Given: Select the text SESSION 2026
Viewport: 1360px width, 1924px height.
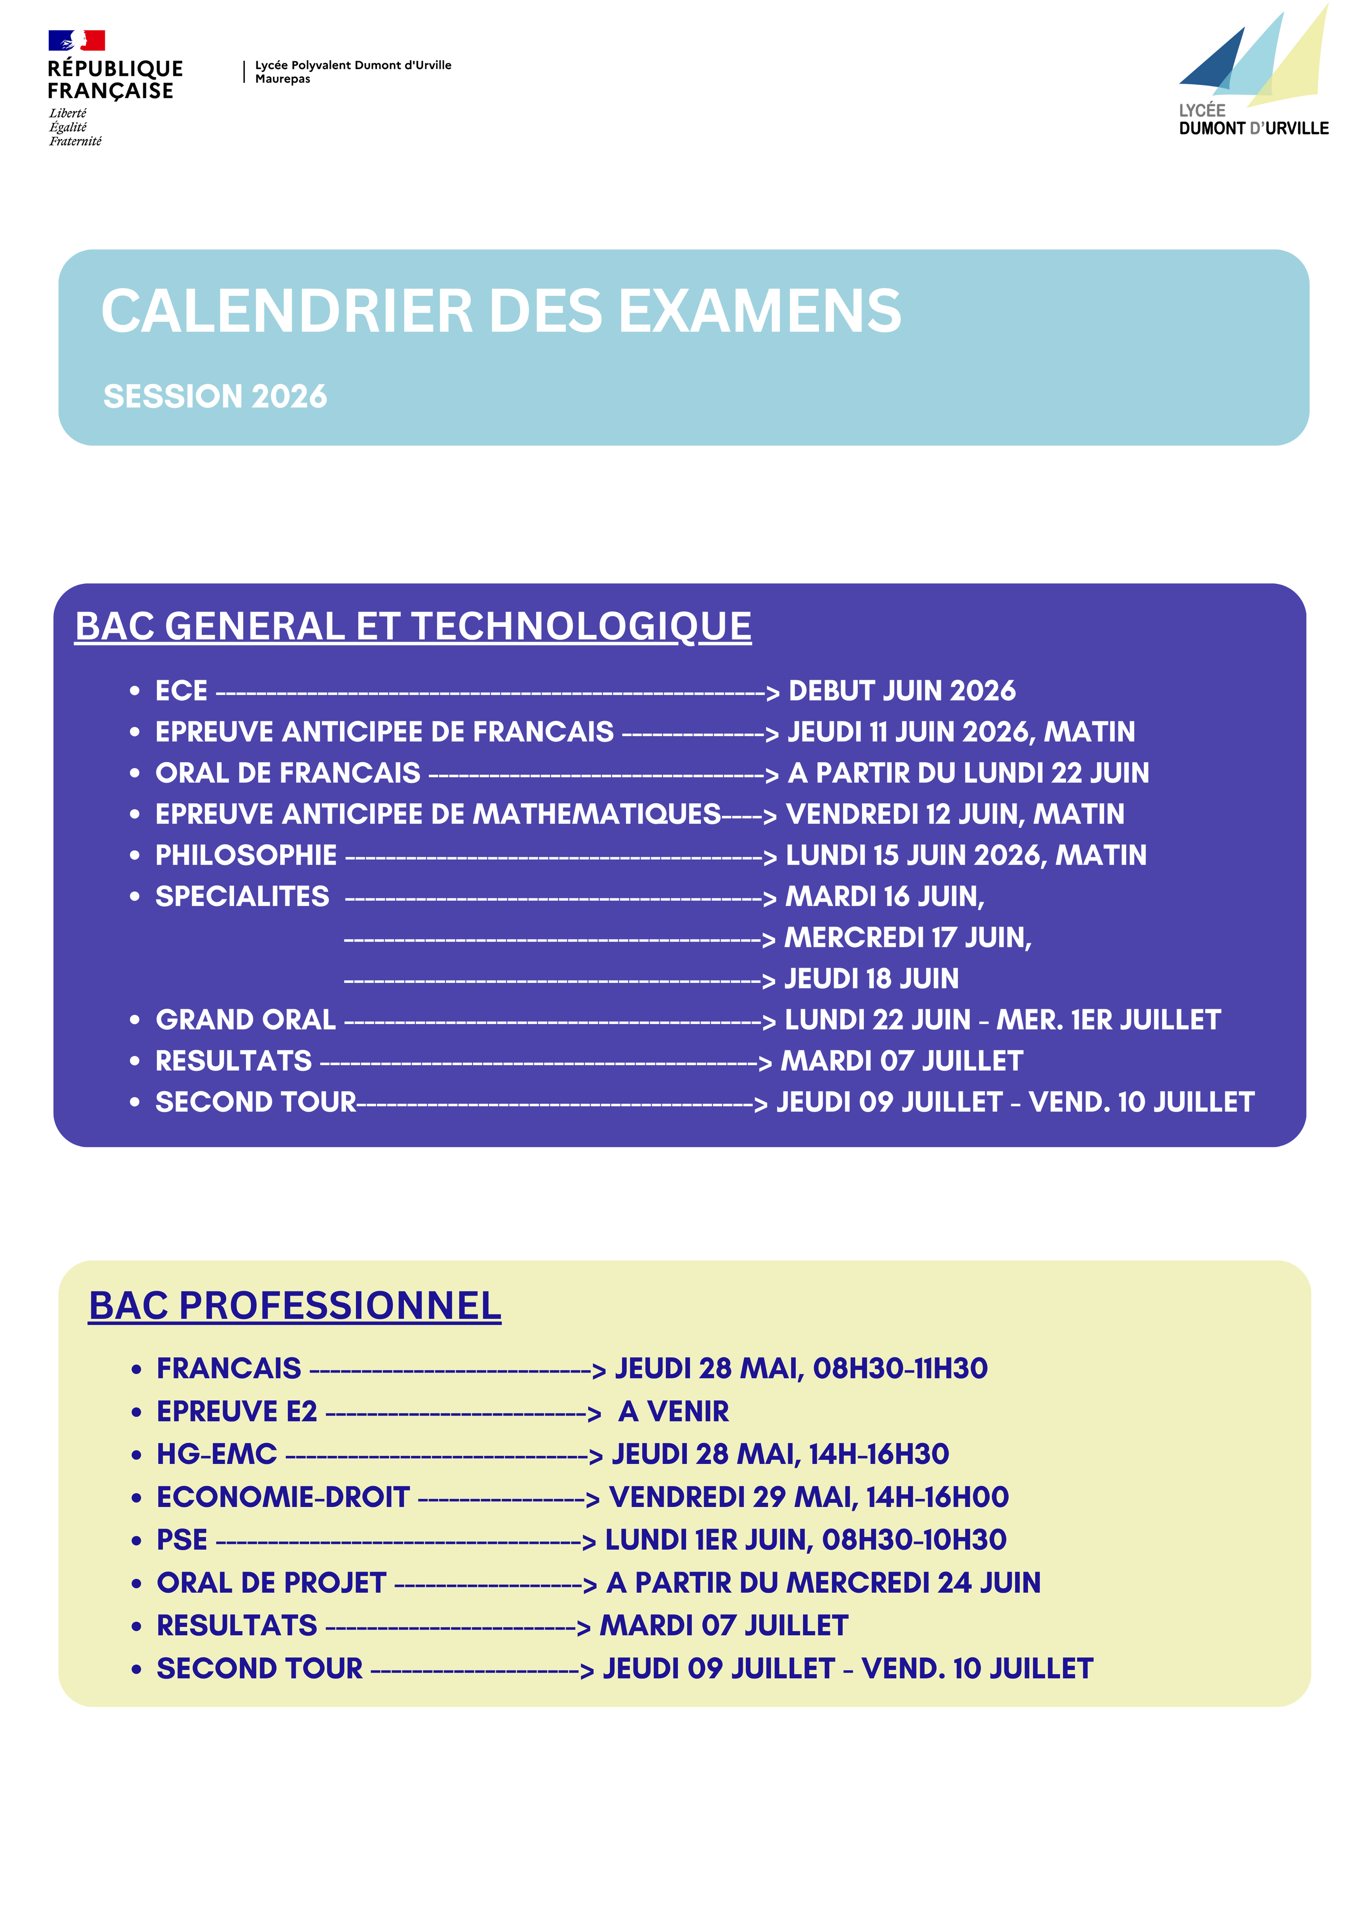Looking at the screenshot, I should (x=214, y=397).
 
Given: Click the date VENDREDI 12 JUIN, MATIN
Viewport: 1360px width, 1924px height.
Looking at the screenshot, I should (x=954, y=814).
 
